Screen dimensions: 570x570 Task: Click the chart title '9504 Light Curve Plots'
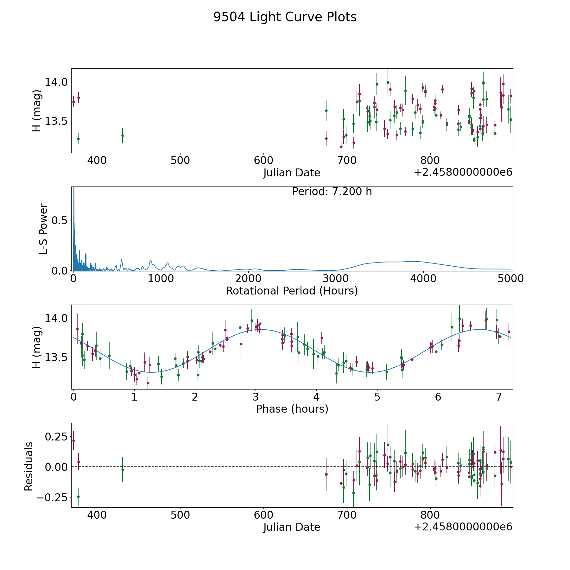[x=285, y=17]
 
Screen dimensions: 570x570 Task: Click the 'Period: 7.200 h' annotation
[x=332, y=192]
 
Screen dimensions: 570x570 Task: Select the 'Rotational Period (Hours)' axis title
[x=292, y=291]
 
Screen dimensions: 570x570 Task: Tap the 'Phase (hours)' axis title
[x=292, y=409]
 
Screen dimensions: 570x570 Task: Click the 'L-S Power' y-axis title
[x=43, y=229]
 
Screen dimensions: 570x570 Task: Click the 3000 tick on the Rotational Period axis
[x=336, y=278]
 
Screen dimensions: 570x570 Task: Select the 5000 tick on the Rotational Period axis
[x=511, y=278]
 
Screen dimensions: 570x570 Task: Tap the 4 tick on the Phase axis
[x=316, y=397]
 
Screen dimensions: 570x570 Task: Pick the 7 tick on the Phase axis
[x=499, y=397]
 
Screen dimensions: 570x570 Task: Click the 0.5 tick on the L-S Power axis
[x=60, y=220]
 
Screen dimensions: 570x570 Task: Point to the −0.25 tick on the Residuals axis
[x=52, y=497]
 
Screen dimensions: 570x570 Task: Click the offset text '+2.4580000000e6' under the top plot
[x=463, y=172]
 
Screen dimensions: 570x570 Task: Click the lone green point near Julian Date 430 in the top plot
[x=123, y=136]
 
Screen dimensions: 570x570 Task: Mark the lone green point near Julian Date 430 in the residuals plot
[x=123, y=470]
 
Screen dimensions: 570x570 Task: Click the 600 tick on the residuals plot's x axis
[x=263, y=515]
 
